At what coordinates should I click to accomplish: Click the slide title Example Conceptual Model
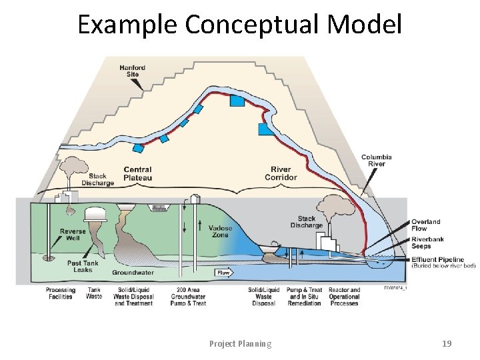(x=240, y=24)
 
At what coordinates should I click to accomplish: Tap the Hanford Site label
(x=133, y=71)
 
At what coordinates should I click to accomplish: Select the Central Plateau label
(x=137, y=174)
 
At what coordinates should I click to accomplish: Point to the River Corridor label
(x=281, y=174)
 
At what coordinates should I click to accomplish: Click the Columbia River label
(x=377, y=161)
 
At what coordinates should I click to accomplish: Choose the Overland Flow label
(x=425, y=225)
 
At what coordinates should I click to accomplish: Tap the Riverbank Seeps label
(x=426, y=242)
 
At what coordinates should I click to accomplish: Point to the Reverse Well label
(x=73, y=235)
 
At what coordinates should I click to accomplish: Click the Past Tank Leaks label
(x=83, y=267)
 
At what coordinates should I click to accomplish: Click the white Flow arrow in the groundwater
(x=223, y=273)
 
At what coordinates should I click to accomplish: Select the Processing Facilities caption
(x=61, y=293)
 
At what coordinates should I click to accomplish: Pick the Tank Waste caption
(x=94, y=293)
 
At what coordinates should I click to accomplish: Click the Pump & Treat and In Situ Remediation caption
(x=304, y=297)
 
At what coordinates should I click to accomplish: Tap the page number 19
(x=447, y=344)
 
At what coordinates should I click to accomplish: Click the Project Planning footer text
(x=240, y=344)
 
